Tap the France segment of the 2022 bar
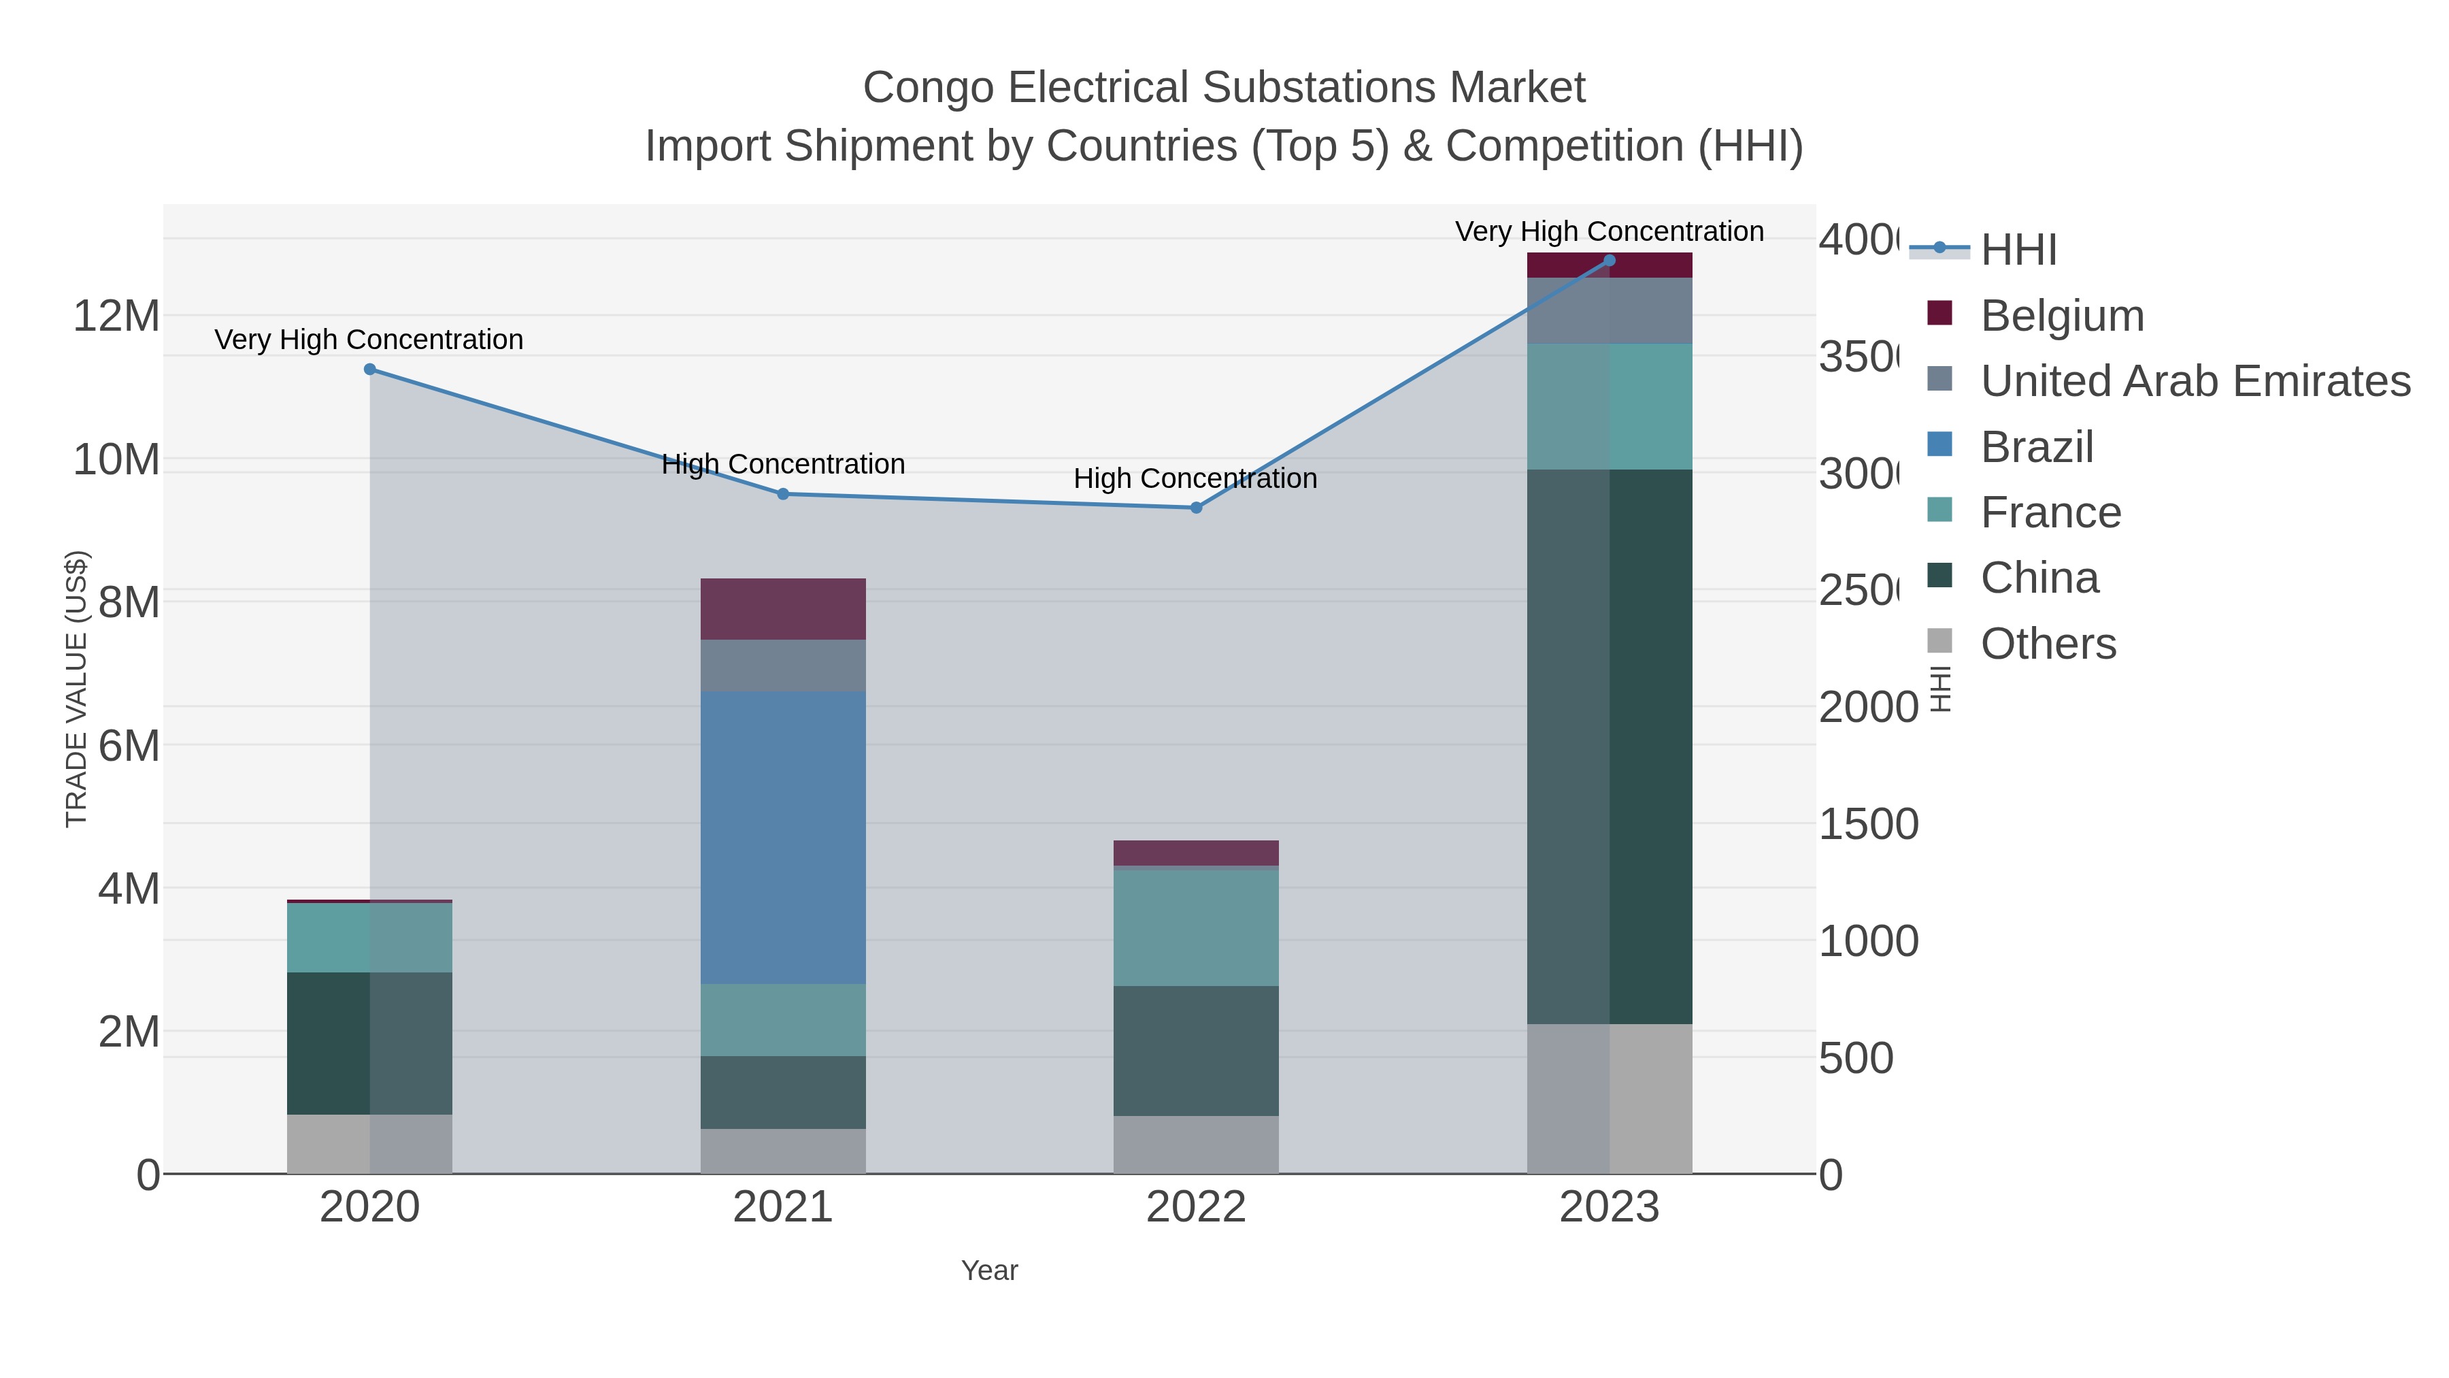pos(1195,928)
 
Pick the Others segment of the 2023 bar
pos(1609,1098)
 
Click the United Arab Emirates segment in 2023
pos(1609,311)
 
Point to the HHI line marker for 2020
pos(370,369)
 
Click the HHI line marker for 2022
pos(1196,508)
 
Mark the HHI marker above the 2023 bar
pos(1609,261)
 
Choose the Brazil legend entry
pos(2035,447)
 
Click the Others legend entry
pos(2047,644)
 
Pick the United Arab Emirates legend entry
pos(2194,380)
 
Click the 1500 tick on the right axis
pos(1867,825)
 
